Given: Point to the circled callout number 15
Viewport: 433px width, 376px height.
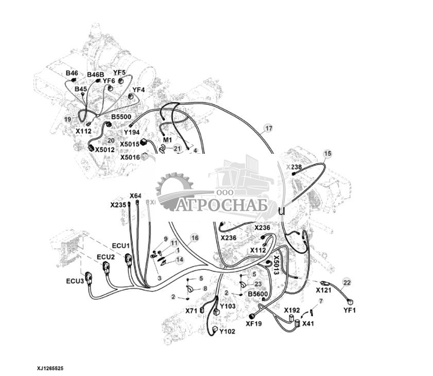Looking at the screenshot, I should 328,154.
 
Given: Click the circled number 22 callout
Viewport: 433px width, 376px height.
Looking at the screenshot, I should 347,282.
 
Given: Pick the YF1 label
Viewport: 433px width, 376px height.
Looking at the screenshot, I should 350,310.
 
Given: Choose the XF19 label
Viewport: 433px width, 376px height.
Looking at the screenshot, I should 253,324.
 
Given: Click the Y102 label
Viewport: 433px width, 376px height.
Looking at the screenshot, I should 227,332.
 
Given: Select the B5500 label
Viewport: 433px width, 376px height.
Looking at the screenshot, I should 122,117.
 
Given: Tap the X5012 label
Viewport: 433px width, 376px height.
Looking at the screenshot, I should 105,150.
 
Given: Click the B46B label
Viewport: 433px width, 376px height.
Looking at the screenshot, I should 95,75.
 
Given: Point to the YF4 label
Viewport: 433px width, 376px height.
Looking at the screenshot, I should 139,90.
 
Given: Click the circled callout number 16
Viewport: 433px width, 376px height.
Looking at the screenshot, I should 194,238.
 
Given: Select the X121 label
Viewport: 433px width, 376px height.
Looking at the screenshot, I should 323,290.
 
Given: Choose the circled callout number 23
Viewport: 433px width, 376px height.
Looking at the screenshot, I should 258,284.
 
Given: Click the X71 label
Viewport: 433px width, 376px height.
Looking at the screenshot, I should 192,311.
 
